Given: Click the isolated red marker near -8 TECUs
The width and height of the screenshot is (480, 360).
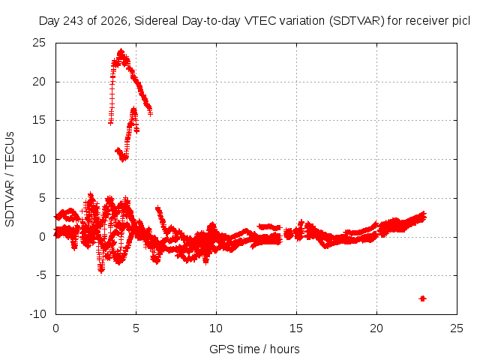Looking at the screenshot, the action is (x=423, y=298).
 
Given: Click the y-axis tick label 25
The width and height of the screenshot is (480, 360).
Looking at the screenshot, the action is (x=39, y=43).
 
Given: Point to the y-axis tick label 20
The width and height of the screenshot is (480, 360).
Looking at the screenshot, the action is (x=39, y=82).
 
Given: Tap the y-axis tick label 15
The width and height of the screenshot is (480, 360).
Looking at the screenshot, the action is (x=39, y=120).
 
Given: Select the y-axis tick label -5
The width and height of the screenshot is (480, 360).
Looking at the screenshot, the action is (x=40, y=275).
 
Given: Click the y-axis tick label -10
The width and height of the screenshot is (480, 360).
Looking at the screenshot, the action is (x=37, y=314).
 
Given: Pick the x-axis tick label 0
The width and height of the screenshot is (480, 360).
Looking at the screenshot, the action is (x=55, y=328).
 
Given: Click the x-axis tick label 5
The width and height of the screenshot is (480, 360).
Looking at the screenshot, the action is (x=136, y=328).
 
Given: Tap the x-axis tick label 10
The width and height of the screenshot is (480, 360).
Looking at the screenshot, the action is (x=216, y=328).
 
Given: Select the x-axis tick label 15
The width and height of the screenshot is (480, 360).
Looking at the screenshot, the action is (x=296, y=328).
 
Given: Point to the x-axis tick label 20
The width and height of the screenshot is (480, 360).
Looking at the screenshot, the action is (x=376, y=328).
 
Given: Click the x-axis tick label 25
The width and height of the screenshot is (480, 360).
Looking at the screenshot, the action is (x=457, y=328).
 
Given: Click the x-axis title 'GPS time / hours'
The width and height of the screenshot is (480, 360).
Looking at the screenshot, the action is (x=254, y=349).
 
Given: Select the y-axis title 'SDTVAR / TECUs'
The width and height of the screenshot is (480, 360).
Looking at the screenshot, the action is (x=10, y=179).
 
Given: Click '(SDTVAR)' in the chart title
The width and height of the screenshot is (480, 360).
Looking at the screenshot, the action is (x=357, y=21).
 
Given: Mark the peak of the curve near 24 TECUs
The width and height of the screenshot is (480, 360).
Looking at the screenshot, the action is (x=121, y=50).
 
